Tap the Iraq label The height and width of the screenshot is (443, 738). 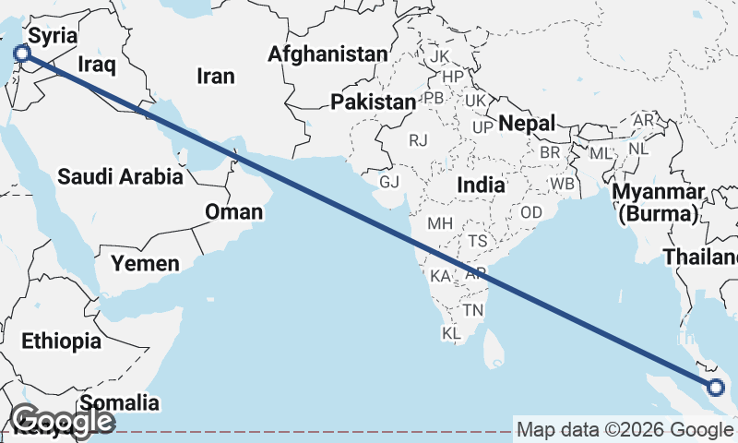point(96,64)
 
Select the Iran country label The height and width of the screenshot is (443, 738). point(216,76)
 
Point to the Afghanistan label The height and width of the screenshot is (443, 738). point(327,54)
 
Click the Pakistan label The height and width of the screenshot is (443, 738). point(375,102)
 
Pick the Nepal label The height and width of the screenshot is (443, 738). point(527,123)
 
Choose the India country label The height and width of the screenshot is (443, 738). point(481,185)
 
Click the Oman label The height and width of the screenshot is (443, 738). point(233,212)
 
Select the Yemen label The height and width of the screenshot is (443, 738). point(145,264)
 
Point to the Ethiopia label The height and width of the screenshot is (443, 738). point(62,341)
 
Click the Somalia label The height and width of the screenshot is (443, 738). point(119,402)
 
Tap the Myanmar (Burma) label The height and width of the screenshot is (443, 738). point(659,203)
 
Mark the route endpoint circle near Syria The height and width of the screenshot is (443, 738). point(21,55)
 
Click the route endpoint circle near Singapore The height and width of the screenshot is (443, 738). point(716,388)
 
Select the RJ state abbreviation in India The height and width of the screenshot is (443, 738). point(419,140)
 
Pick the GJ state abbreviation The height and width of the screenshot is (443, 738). point(389,181)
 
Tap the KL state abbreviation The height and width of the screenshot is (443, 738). point(451,332)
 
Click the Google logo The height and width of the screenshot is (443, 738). point(63,422)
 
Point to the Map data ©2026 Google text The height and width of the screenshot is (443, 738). point(625,429)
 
